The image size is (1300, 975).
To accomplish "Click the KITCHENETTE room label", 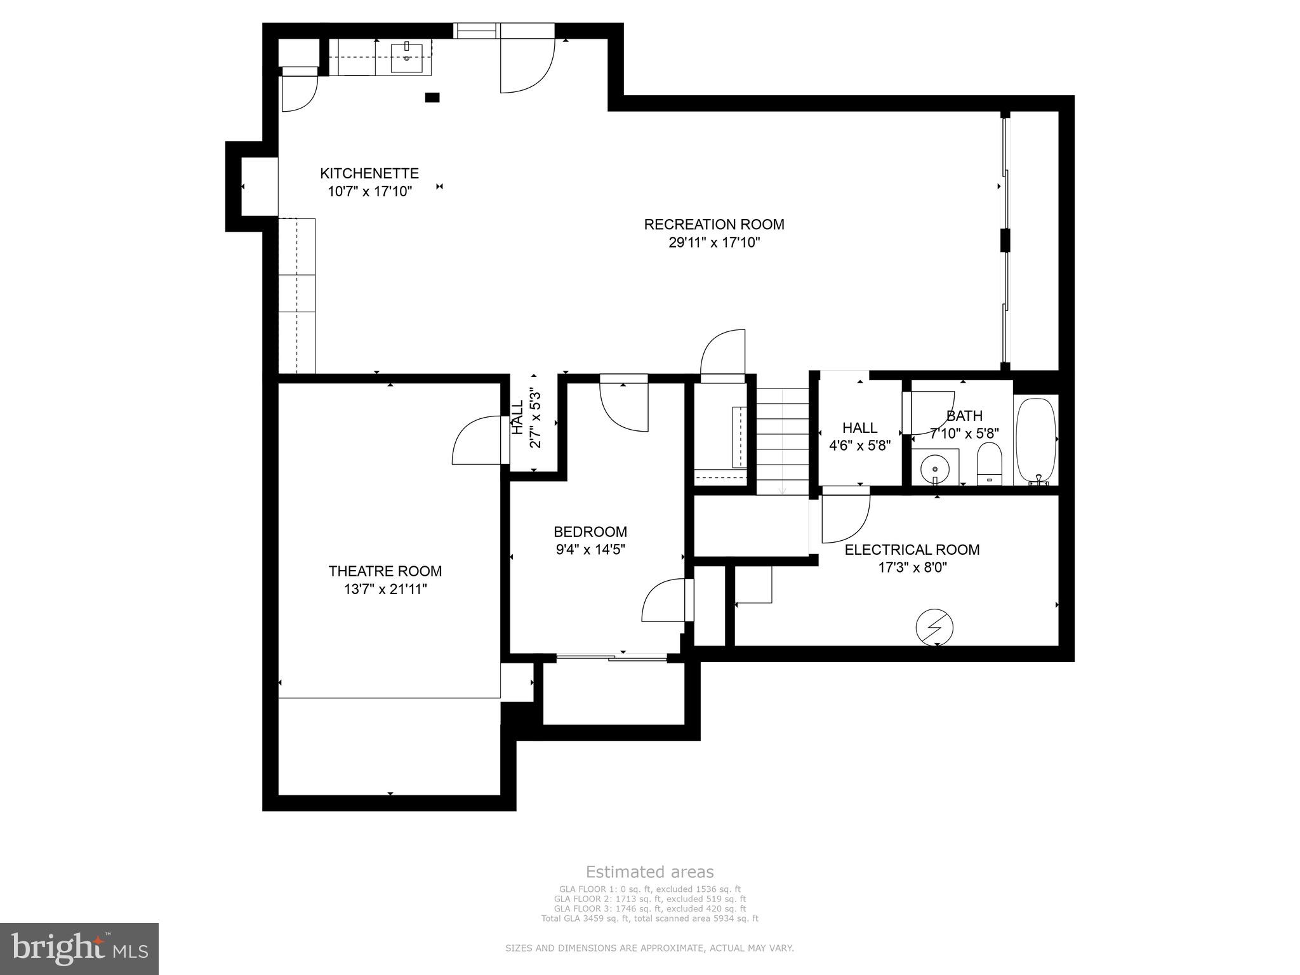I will (369, 173).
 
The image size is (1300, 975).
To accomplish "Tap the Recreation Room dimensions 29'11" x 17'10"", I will (714, 242).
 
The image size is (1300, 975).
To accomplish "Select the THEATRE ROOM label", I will (385, 571).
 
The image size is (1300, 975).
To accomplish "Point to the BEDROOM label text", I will (590, 531).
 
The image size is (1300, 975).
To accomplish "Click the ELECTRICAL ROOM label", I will (912, 549).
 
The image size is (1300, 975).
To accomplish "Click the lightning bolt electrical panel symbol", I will (934, 628).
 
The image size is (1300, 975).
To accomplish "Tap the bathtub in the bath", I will (1036, 441).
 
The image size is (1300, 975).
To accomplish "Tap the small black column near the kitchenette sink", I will (432, 97).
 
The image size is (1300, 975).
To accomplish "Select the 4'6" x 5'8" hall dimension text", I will (859, 446).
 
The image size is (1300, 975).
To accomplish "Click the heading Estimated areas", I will (649, 872).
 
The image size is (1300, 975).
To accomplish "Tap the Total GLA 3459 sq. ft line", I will (649, 918).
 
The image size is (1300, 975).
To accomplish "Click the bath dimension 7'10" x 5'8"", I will (964, 433).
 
